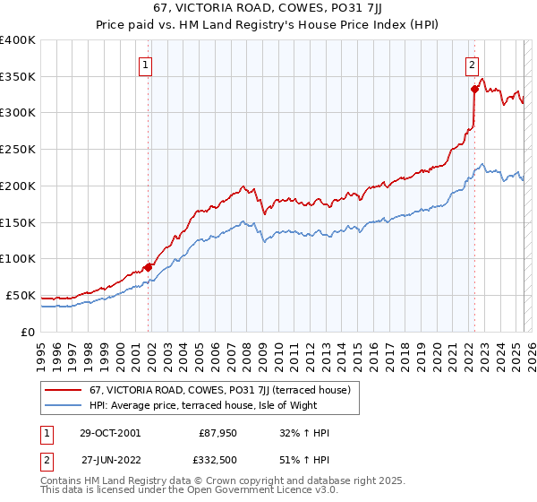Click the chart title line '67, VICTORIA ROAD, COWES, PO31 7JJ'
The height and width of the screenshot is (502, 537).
(x=268, y=10)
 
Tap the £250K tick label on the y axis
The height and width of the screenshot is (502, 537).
(x=18, y=149)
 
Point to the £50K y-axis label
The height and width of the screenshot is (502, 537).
(x=21, y=295)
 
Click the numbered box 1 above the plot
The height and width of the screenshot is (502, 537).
(x=145, y=64)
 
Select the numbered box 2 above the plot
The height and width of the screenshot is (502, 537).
(x=471, y=64)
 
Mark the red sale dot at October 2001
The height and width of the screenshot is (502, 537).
(x=148, y=267)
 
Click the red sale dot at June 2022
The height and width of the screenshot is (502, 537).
(x=474, y=89)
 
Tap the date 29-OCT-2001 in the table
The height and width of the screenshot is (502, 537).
(x=109, y=433)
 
